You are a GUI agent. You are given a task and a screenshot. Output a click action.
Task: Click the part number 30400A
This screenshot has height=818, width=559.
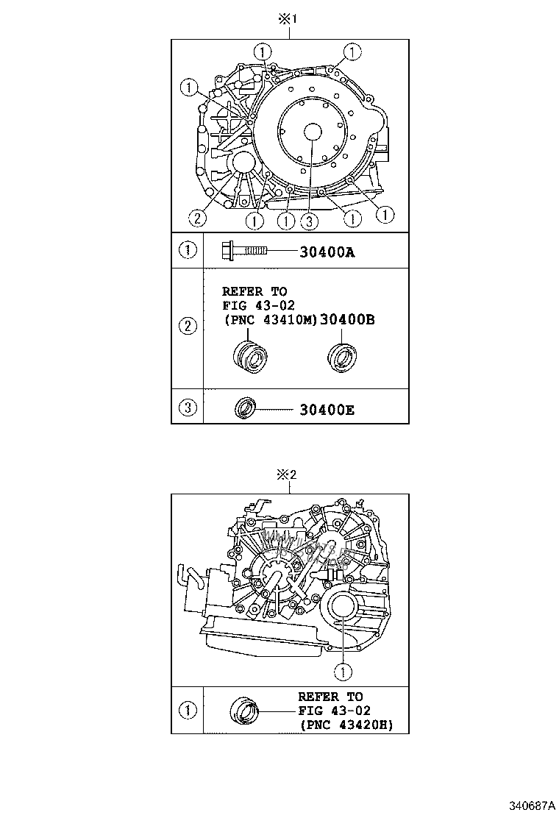tap(327, 252)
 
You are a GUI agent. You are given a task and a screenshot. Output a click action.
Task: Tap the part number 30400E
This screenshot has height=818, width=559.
tap(327, 409)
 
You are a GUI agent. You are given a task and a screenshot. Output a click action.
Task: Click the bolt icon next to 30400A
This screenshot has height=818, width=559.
tap(244, 252)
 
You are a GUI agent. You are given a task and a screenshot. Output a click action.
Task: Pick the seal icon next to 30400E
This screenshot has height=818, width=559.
tap(244, 408)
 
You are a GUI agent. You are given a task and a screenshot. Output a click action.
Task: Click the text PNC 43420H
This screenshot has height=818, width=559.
tap(345, 725)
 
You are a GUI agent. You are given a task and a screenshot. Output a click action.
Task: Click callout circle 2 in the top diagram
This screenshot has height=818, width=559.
tap(196, 217)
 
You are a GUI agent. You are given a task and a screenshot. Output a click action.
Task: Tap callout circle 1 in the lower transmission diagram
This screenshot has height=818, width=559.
tap(342, 670)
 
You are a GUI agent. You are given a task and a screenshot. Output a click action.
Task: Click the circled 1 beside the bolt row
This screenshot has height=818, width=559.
tap(188, 250)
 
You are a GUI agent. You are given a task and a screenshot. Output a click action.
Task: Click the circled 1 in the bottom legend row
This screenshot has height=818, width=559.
tap(188, 710)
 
